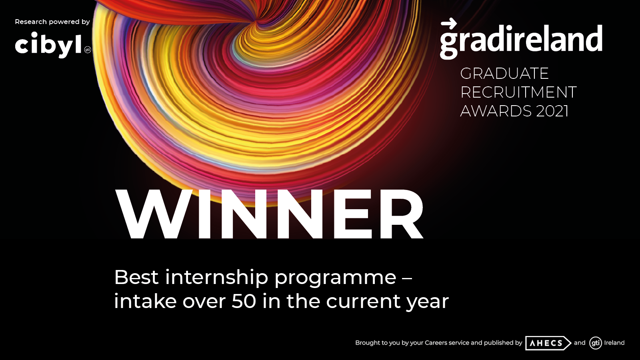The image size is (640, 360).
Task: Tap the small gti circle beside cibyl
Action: tap(88, 50)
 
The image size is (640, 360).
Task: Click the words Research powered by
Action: tap(52, 22)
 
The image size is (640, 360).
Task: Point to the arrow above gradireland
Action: tap(449, 24)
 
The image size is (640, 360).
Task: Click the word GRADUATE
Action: tap(504, 74)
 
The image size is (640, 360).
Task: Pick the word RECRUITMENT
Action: tap(518, 92)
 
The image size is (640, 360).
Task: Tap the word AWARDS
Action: tap(496, 111)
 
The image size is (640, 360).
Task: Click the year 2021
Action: tap(552, 111)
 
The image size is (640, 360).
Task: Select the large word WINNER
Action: tap(269, 214)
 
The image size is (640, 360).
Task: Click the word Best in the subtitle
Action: tap(136, 277)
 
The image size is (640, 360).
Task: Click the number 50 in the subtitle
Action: tap(244, 301)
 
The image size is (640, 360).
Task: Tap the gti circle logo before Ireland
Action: tap(596, 343)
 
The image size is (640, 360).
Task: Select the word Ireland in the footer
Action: tap(614, 342)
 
